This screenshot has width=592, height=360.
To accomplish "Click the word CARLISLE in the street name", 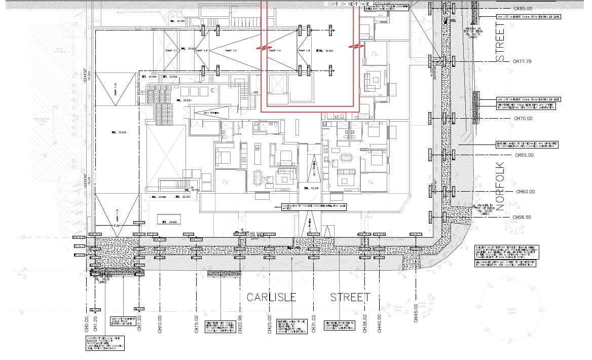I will pos(271,297).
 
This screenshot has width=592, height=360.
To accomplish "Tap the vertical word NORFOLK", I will pos(501,186).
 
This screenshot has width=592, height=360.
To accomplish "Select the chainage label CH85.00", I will pos(523,9).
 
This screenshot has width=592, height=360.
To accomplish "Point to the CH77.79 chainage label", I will pos(522,61).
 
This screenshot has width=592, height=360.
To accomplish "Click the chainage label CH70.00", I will pos(523,118).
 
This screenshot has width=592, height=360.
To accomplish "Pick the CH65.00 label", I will pos(524,155).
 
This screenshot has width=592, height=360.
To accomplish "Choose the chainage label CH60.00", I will pos(526,192).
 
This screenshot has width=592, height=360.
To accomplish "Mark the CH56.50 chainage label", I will pos(522,217).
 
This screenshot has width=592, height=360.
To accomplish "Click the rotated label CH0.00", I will pos(87,322).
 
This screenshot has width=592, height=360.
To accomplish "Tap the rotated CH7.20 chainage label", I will pos(139,322).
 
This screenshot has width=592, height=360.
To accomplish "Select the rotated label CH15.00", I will pos(196,322).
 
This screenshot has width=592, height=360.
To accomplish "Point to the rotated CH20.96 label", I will pos(239,322).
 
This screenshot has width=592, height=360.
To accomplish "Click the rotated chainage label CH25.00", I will pos(270,322).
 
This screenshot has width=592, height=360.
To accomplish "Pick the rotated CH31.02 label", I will pos(314,322).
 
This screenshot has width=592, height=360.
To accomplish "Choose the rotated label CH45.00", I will pos(416,312).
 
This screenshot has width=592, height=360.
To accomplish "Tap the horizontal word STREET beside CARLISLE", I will pos(350,297).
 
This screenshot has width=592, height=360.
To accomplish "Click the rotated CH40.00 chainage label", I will pos(379,322).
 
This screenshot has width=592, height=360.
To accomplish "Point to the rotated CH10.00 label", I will pos(160,322).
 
